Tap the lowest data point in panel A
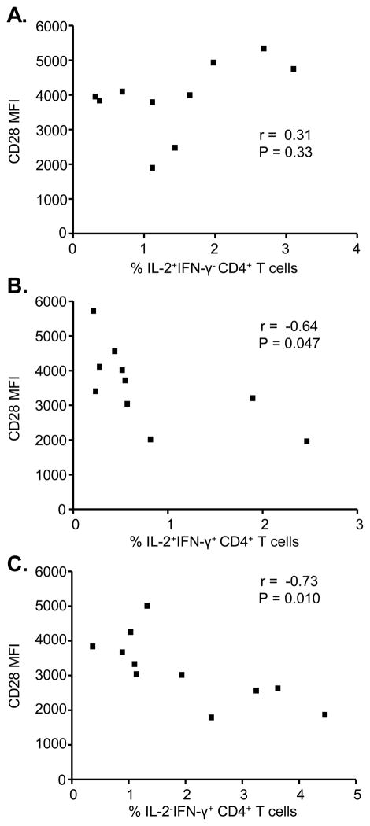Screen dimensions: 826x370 tap(152, 168)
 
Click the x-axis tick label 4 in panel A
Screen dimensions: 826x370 tap(357, 249)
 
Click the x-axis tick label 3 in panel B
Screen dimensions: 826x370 tap(357, 525)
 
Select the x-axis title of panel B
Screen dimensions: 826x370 tap(216, 541)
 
